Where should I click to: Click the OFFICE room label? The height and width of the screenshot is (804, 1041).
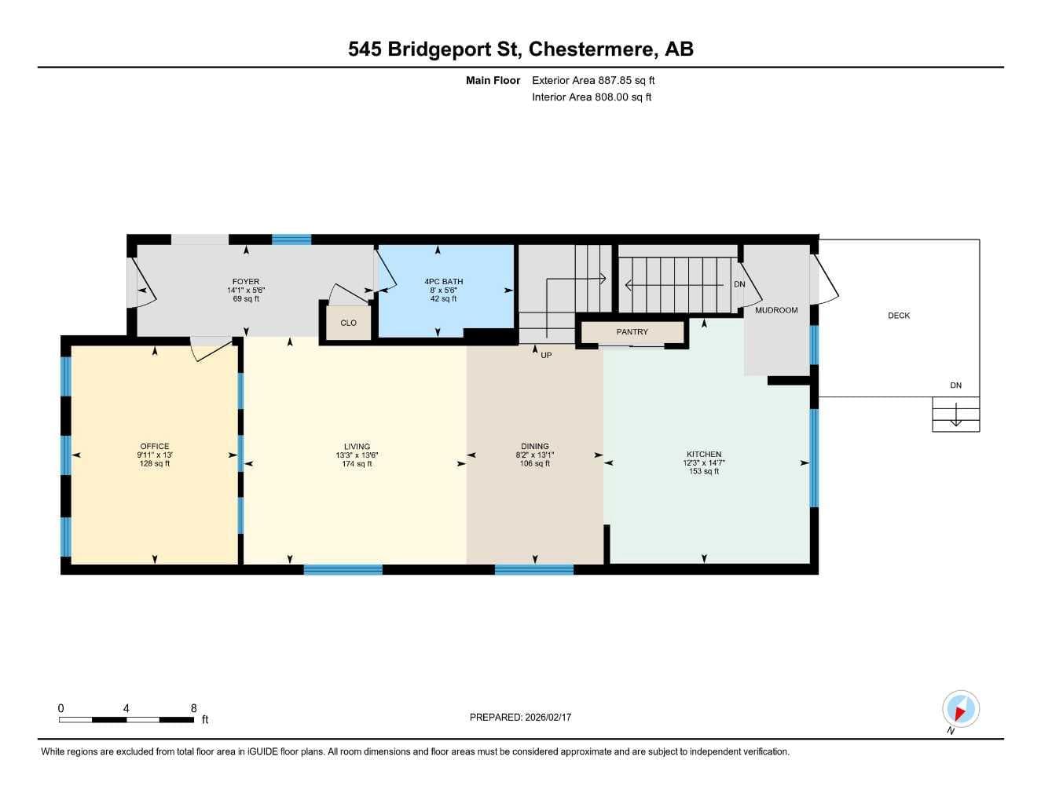tap(155, 446)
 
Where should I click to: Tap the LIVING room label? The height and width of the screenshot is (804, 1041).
tap(357, 446)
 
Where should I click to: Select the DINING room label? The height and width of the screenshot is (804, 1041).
tap(535, 446)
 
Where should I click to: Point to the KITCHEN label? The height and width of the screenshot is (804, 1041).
tap(704, 454)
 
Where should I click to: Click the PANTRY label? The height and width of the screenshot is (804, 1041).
tap(632, 331)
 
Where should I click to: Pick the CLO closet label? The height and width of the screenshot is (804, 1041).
tap(348, 323)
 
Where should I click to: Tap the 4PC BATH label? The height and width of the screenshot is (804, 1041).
tap(444, 281)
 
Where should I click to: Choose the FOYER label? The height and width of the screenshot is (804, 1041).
tap(246, 281)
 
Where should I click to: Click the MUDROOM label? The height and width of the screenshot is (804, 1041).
tap(776, 310)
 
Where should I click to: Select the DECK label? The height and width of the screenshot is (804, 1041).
tap(899, 316)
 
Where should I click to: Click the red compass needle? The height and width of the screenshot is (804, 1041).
tap(959, 714)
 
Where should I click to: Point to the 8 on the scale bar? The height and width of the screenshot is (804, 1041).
tap(193, 708)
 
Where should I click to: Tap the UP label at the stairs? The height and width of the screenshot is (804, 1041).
tap(546, 355)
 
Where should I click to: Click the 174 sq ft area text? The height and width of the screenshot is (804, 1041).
tap(357, 463)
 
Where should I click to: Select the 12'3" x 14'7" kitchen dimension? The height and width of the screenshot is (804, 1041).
tap(704, 462)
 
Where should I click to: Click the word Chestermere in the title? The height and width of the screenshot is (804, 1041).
tap(591, 49)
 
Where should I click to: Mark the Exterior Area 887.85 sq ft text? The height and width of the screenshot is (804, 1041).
tap(593, 80)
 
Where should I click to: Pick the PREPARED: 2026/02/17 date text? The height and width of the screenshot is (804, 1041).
tap(520, 718)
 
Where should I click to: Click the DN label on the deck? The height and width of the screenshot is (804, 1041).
tap(955, 386)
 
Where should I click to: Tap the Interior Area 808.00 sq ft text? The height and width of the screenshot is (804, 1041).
tap(592, 97)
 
